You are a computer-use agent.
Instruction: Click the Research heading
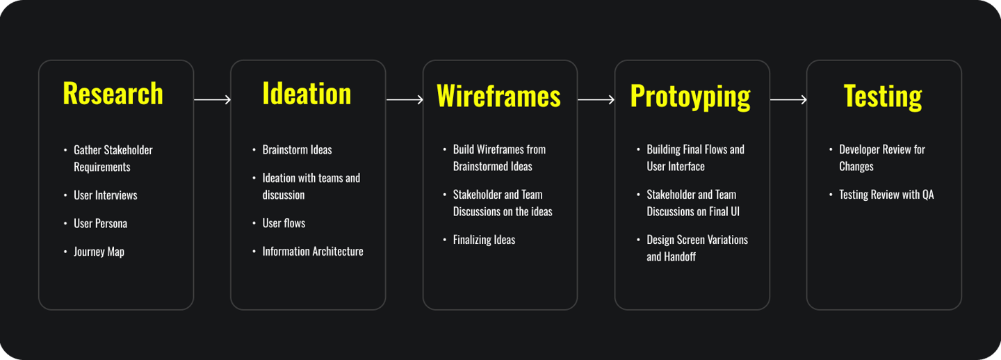113,94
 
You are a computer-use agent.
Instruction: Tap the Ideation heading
307,94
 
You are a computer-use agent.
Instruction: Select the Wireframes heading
498,96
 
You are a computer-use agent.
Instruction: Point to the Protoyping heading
690,96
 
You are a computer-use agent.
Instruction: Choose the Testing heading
883,96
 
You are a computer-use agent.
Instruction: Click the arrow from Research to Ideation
212,100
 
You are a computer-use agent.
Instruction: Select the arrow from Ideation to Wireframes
405,100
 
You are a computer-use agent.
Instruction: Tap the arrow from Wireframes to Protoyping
596,100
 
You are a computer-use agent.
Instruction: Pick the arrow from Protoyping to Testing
788,100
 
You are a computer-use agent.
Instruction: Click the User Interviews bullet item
105,195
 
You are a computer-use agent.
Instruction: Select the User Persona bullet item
100,223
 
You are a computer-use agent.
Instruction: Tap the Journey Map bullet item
99,252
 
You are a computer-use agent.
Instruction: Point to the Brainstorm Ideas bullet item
297,149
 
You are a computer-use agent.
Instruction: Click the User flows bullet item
284,223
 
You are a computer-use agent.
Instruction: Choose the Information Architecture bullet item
312,252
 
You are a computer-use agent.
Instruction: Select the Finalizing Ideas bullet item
484,240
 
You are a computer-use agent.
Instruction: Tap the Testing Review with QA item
886,195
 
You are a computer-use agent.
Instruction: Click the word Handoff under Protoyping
681,256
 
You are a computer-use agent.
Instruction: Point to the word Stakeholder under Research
128,150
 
